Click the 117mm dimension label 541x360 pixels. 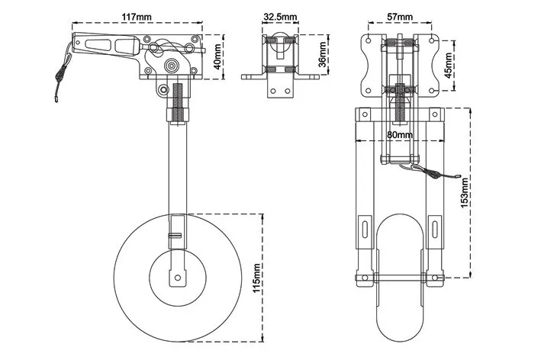[137, 17]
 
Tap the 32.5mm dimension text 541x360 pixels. [280, 17]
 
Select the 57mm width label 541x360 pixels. [400, 17]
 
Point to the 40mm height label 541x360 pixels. [217, 57]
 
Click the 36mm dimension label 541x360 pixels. [322, 54]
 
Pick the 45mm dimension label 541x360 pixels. [448, 65]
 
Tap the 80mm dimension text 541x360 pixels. [400, 134]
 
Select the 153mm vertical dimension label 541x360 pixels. [465, 193]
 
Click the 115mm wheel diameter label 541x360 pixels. [256, 278]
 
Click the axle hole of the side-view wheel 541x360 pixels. [178, 277]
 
